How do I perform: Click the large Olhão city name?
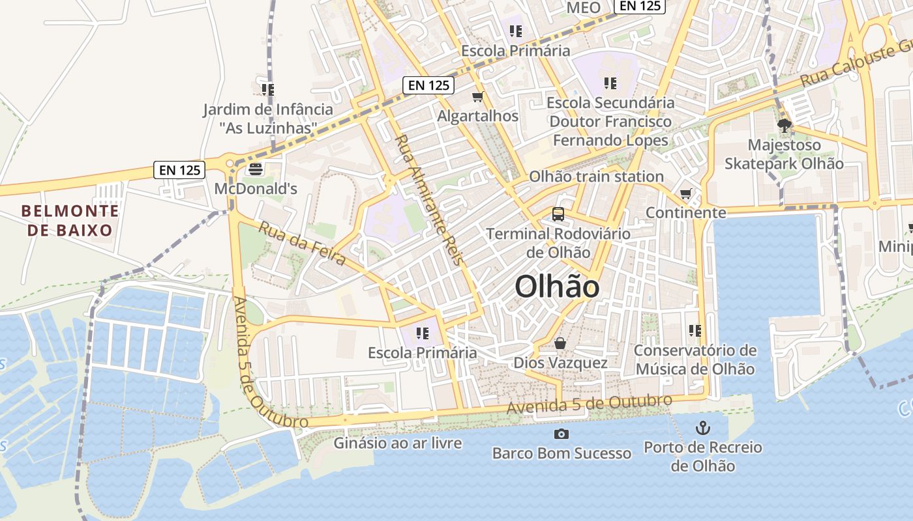tap(557, 287)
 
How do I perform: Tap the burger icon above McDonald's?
tap(256, 169)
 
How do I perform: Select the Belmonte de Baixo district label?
tap(70, 220)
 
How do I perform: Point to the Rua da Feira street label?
tap(302, 244)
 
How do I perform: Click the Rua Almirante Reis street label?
tap(429, 199)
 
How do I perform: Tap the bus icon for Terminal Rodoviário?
tap(558, 214)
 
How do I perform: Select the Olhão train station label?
tap(596, 176)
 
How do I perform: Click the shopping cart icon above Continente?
tap(685, 194)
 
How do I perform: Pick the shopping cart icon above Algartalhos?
tap(478, 97)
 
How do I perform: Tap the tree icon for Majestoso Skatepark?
tap(785, 125)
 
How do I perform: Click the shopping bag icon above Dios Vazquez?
tap(560, 343)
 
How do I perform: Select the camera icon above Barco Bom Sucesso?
tap(561, 434)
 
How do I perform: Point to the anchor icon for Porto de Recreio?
tap(703, 428)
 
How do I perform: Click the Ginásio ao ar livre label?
tap(398, 444)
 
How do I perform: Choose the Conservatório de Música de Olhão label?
tap(695, 359)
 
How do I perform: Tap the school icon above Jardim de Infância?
tap(267, 89)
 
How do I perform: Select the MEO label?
tap(584, 8)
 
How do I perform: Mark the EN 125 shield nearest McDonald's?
tap(180, 170)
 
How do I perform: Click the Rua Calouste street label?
tap(854, 65)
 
